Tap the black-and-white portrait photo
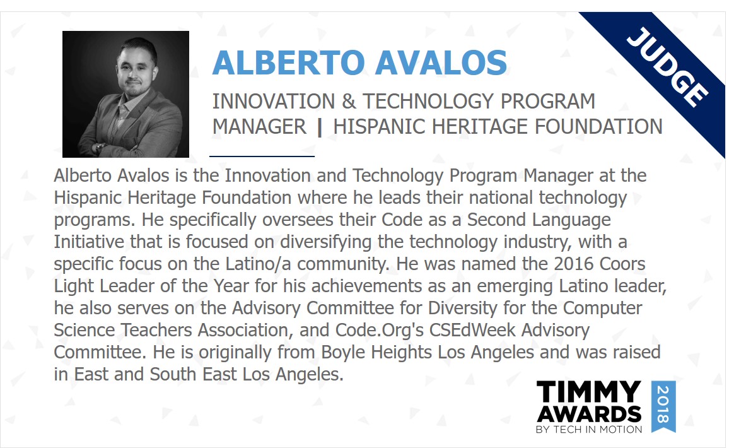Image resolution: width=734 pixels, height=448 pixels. tap(125, 94)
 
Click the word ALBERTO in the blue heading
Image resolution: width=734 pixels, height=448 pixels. tap(288, 63)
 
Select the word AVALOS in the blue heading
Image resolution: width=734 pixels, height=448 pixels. tap(441, 63)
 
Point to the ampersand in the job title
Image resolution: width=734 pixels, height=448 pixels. tap(349, 101)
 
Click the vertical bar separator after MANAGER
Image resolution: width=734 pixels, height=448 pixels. tap(320, 127)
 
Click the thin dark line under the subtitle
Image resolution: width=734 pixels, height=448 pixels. tap(262, 156)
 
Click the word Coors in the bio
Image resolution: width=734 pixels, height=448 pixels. tap(622, 264)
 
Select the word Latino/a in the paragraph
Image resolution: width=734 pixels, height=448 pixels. tap(258, 264)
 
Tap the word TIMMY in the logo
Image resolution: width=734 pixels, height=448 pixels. tap(588, 391)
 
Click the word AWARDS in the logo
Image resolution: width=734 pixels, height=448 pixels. tap(589, 414)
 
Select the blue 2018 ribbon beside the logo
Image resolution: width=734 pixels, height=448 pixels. tap(663, 406)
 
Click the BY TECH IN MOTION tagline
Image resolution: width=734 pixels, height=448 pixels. tap(589, 429)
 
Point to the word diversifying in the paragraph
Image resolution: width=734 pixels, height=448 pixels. tap(326, 242)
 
